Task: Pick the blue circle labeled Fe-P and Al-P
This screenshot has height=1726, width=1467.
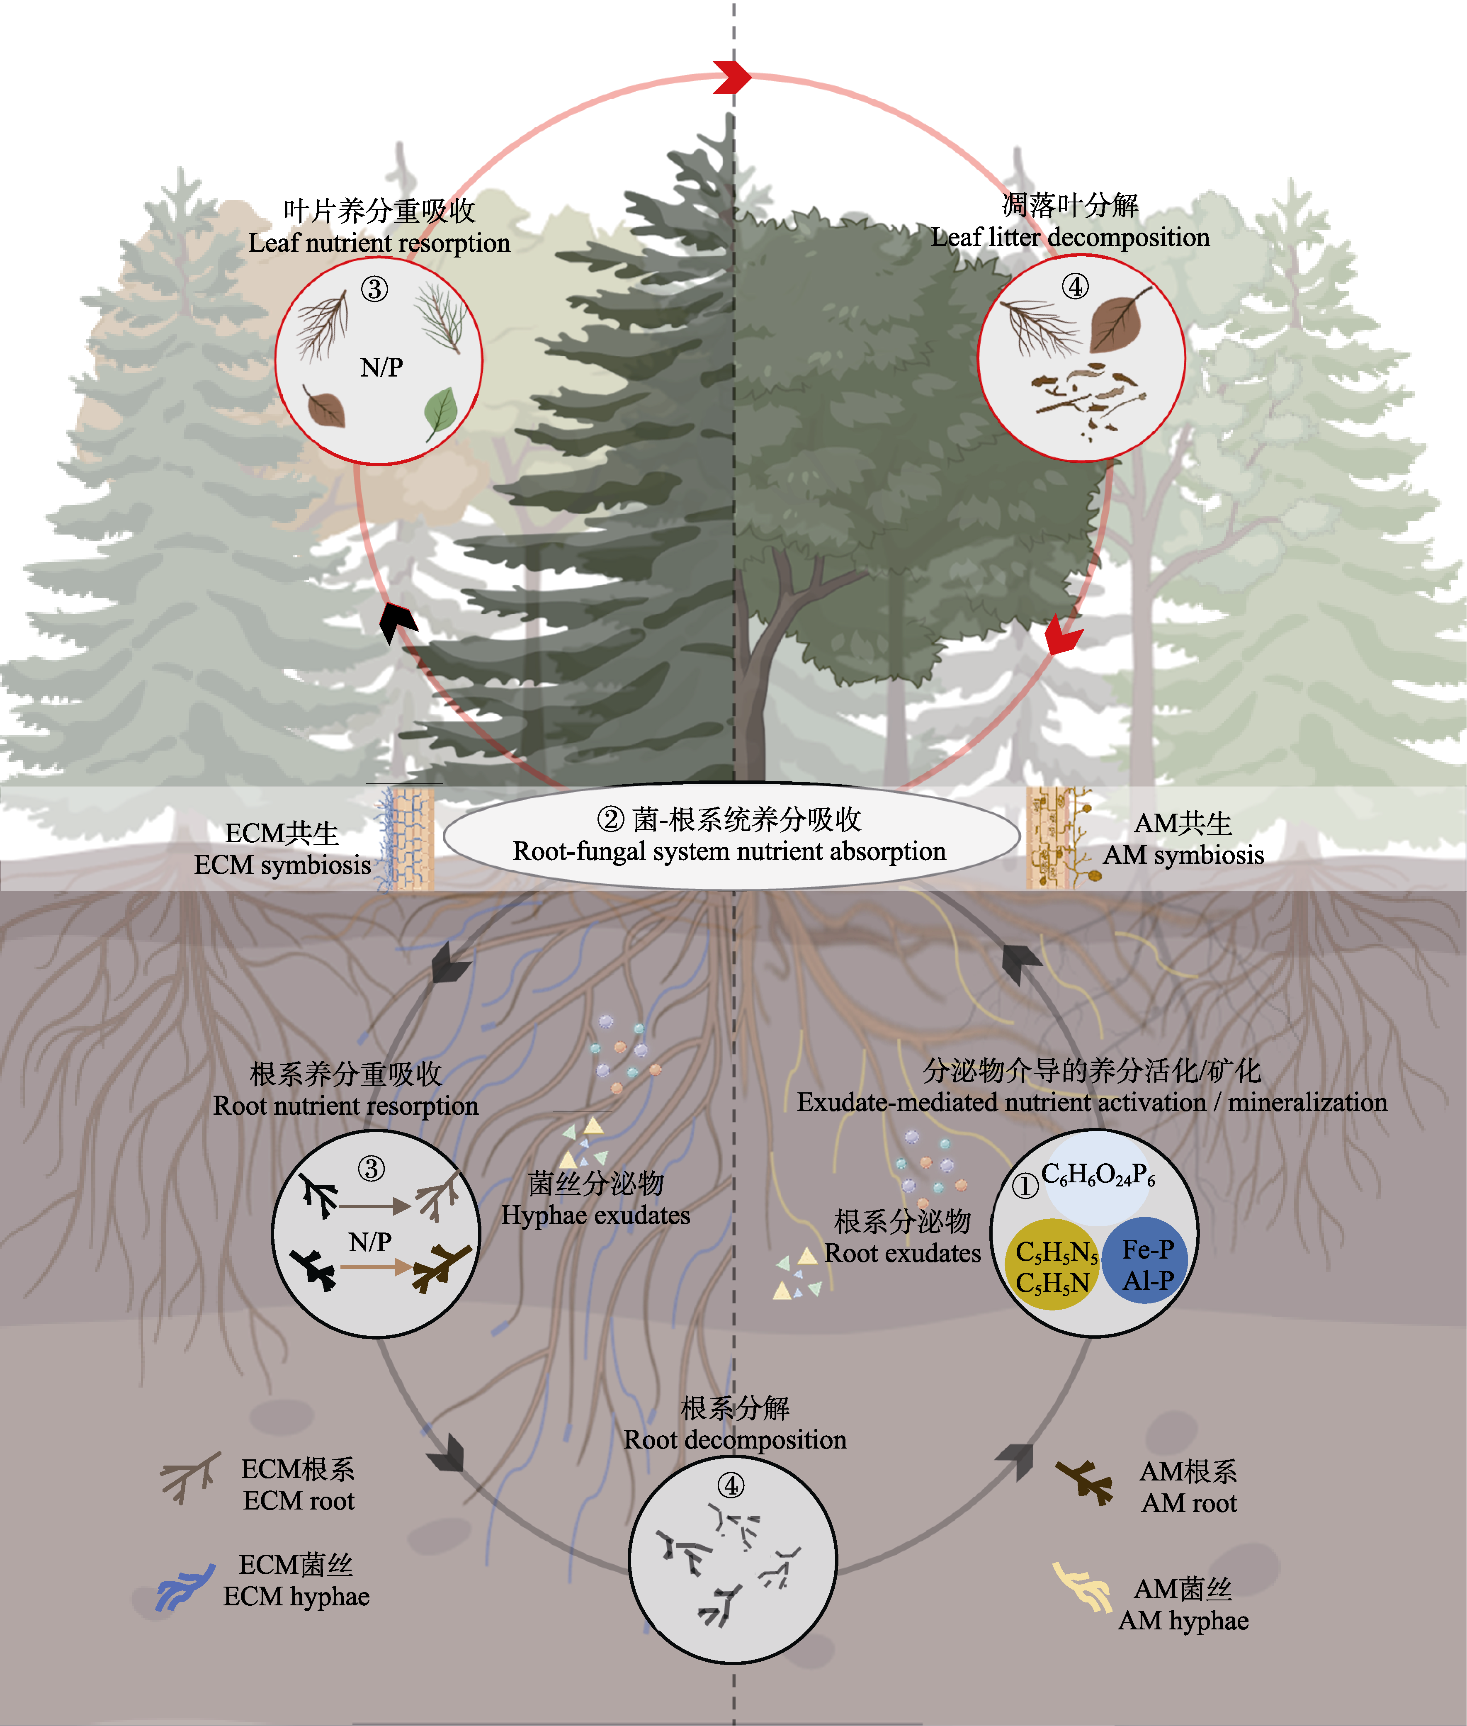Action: [1146, 1260]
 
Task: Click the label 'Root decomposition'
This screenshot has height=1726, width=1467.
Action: [735, 1439]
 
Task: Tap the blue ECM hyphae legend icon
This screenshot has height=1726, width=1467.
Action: [185, 1586]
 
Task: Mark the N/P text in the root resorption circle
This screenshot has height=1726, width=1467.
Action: [370, 1242]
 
